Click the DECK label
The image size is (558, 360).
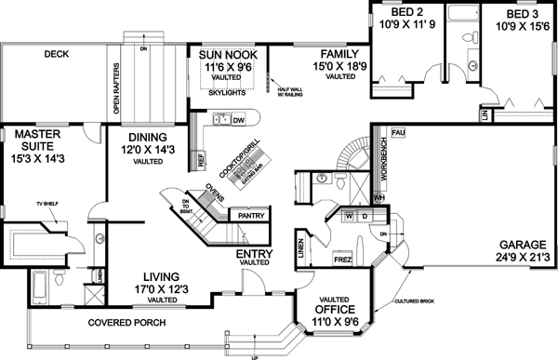tap(58, 55)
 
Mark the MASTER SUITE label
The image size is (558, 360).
tap(38, 140)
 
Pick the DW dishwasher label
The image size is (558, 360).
tap(238, 120)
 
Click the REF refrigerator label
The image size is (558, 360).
tap(201, 159)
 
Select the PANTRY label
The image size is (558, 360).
tap(251, 216)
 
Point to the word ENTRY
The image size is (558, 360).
tap(254, 253)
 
